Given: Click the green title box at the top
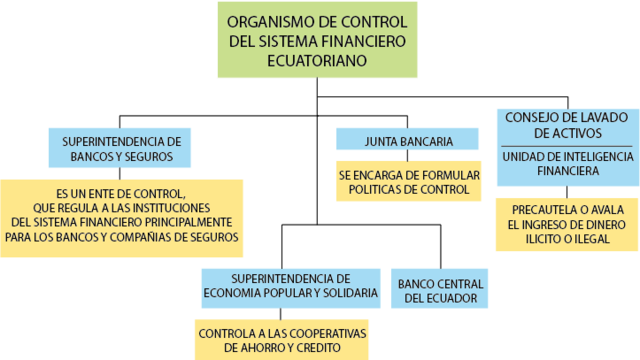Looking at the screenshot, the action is click(x=318, y=40).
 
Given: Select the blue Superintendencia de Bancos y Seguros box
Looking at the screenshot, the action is click(x=120, y=148).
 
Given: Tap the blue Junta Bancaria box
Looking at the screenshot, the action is click(x=407, y=141).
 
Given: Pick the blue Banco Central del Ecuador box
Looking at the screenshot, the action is click(x=440, y=289).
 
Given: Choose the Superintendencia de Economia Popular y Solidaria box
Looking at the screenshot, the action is click(x=290, y=285).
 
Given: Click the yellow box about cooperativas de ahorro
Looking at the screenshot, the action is click(x=282, y=339).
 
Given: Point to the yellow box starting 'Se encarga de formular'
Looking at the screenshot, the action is click(x=408, y=181).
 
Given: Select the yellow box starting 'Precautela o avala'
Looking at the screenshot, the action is click(x=567, y=224).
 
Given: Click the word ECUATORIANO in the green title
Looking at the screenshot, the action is click(x=318, y=61).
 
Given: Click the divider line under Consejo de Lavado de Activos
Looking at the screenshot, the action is click(x=567, y=146).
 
